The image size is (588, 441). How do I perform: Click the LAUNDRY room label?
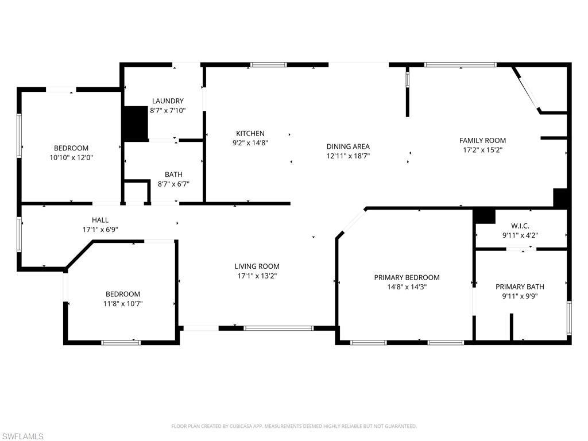(168, 100)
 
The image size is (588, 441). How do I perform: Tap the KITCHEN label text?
(250, 133)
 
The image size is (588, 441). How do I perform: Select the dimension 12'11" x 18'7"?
(348, 156)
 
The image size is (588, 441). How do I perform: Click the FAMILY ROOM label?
(482, 140)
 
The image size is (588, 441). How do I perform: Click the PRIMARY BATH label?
(520, 287)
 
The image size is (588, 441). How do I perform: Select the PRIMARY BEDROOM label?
(407, 277)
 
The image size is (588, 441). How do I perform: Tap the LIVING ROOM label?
(257, 266)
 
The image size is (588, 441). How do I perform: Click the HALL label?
(100, 220)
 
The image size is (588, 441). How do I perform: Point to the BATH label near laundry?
(173, 174)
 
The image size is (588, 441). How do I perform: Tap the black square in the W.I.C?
(484, 215)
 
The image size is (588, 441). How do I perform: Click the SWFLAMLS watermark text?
(23, 436)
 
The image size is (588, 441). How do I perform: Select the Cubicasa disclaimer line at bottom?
(294, 426)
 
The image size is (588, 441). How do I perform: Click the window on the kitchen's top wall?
(269, 65)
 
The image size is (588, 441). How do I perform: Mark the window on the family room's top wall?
(460, 65)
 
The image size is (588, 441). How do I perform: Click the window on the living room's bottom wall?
(278, 328)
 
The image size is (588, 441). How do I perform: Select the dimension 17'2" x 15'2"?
(482, 150)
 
